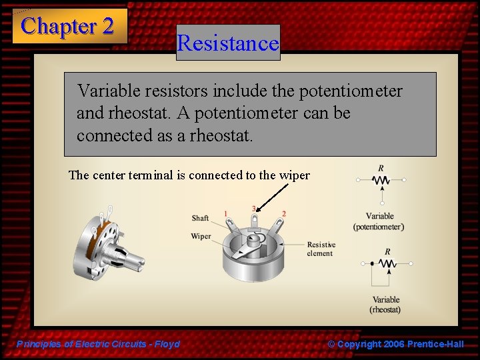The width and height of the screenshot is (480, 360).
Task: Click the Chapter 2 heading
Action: click(x=67, y=26)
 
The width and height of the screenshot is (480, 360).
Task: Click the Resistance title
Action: click(x=228, y=43)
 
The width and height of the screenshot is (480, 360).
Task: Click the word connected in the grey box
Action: click(x=114, y=135)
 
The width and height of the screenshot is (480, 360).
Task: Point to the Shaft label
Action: click(x=200, y=218)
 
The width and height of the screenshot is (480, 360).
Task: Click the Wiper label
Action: click(x=201, y=236)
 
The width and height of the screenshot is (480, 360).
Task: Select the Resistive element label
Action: click(x=321, y=249)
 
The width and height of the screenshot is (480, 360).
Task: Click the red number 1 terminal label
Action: click(x=225, y=213)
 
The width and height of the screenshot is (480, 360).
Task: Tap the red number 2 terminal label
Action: click(x=284, y=213)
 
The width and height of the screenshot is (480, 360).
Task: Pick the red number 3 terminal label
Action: click(x=253, y=209)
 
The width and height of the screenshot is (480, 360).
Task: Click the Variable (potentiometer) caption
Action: click(x=379, y=221)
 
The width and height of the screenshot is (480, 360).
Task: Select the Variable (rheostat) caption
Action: click(x=385, y=305)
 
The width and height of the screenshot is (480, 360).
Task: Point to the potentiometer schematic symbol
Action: click(x=381, y=181)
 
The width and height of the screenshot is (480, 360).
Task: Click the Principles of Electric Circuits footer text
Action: click(x=98, y=344)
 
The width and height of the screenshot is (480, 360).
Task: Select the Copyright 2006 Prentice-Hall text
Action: click(x=395, y=344)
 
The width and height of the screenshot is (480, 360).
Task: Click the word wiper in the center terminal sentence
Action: click(x=294, y=175)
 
